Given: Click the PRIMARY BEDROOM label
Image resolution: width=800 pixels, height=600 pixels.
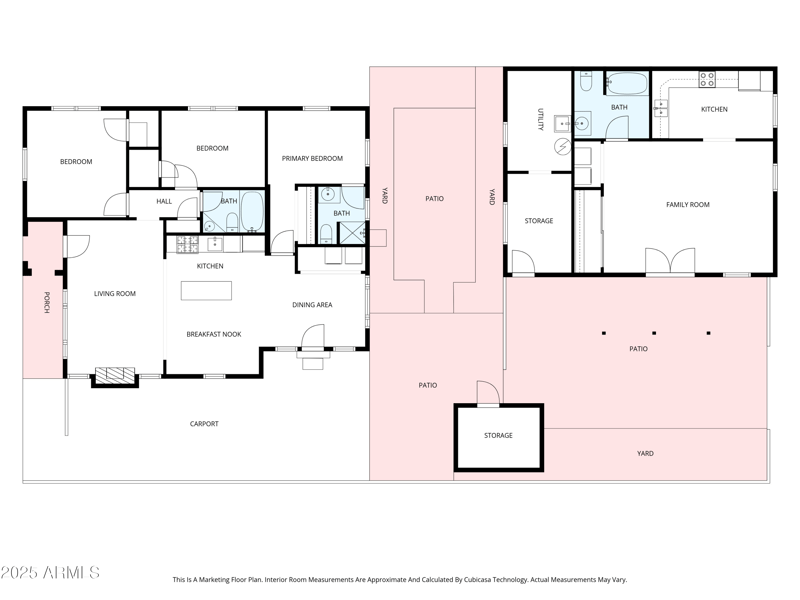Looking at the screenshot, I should click(x=312, y=158).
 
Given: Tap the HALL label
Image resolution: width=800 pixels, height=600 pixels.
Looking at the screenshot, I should click(x=164, y=201).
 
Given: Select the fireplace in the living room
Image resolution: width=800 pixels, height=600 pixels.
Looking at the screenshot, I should click(x=114, y=376).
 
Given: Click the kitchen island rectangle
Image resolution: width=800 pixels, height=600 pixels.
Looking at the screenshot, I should click(x=206, y=290).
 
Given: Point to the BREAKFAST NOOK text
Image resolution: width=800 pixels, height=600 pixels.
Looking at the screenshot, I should click(x=213, y=334).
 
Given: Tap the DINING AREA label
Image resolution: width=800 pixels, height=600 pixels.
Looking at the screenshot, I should click(x=312, y=305).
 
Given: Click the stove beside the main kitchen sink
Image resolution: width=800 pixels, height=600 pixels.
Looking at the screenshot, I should click(x=188, y=243).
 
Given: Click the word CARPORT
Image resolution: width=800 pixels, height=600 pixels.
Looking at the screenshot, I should click(x=204, y=424).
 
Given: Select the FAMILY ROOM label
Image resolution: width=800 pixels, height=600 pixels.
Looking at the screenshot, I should click(x=687, y=204).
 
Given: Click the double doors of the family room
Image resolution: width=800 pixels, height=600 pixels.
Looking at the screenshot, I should click(x=670, y=262).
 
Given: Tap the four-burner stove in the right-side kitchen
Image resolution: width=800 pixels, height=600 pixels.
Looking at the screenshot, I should click(x=706, y=80).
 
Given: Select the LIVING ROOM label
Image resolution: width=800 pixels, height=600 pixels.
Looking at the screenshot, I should click(x=115, y=294).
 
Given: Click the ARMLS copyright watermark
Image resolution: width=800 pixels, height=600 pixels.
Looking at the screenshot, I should click(x=50, y=573).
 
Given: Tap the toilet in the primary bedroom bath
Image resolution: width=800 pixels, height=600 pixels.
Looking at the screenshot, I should click(x=327, y=234).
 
